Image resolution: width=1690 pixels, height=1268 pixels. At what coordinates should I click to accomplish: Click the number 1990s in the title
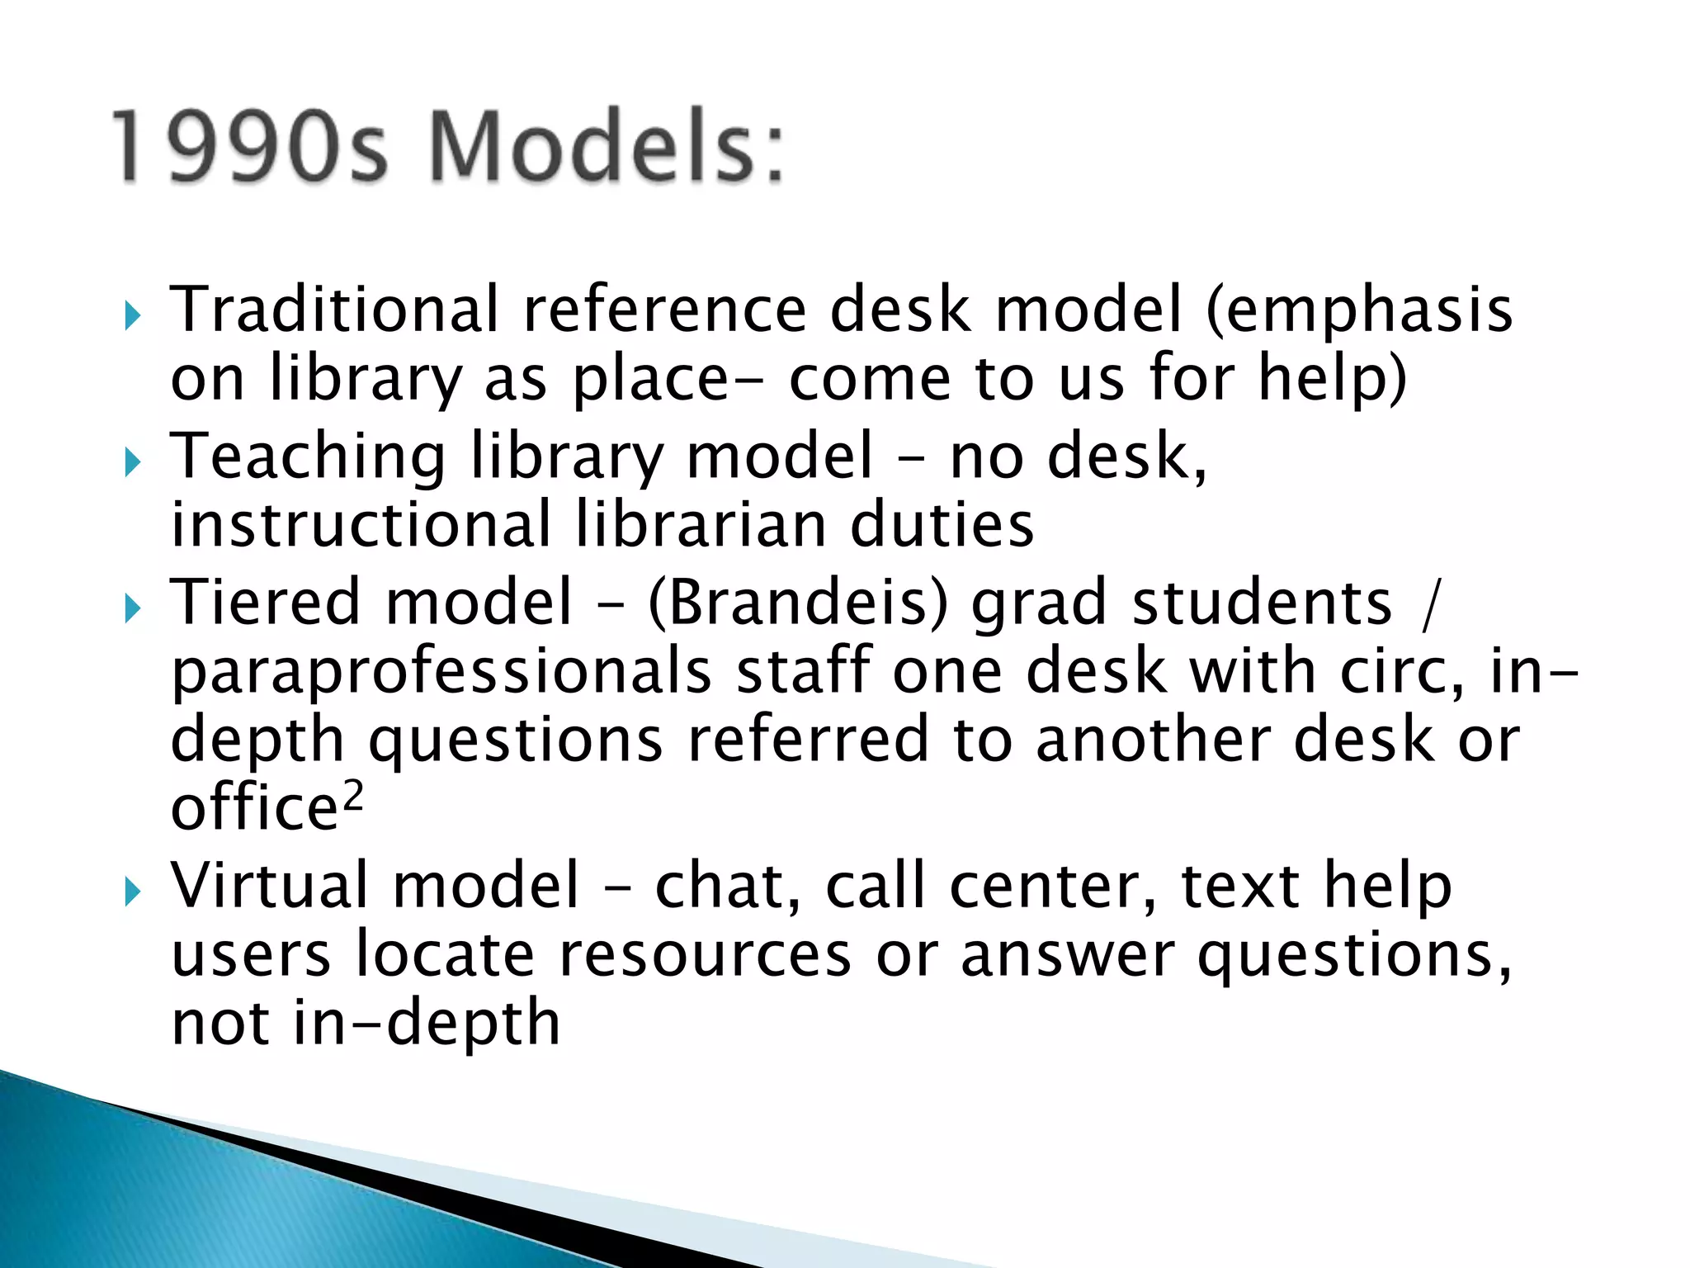pyautogui.click(x=249, y=147)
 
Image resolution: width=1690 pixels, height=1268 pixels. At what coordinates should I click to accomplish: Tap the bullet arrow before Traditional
pyautogui.click(x=133, y=315)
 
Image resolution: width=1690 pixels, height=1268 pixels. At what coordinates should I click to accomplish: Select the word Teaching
pyautogui.click(x=308, y=458)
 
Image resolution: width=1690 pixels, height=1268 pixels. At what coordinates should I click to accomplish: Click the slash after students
pyautogui.click(x=1431, y=605)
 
